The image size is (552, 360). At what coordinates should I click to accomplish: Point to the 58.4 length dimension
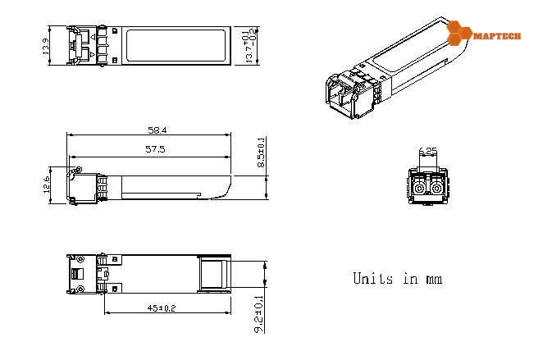pyautogui.click(x=157, y=130)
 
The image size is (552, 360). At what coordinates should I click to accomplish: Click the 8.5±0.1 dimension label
pyautogui.click(x=262, y=153)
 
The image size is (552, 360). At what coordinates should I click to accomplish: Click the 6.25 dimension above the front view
pyautogui.click(x=427, y=151)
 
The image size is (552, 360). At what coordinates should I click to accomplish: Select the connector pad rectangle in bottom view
pyautogui.click(x=215, y=274)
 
